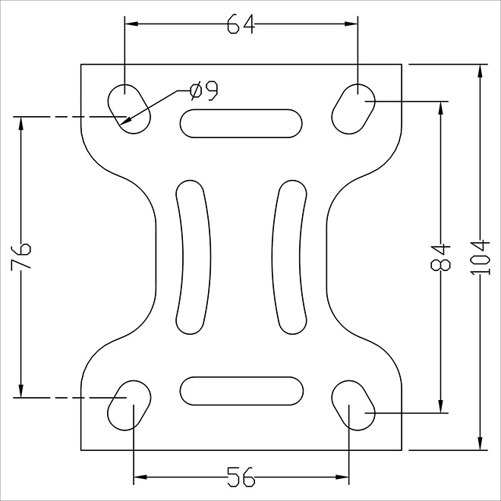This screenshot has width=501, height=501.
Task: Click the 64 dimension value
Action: click(x=241, y=24)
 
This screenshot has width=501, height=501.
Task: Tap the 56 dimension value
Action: click(x=241, y=477)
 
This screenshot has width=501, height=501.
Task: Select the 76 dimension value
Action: click(x=21, y=257)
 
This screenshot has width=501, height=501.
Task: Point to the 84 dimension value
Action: click(x=440, y=257)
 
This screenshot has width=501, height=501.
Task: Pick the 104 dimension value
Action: click(x=480, y=258)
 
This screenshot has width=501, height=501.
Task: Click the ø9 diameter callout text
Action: click(x=204, y=91)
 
